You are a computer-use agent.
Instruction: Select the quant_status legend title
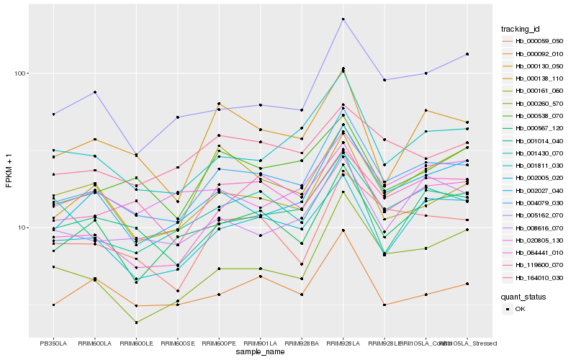tap(523, 296)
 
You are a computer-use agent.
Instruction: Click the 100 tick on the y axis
tap(19, 73)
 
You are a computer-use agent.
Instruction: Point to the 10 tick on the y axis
tap(22, 228)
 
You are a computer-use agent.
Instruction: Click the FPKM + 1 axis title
tap(9, 171)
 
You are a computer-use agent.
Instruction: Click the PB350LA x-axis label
tap(53, 343)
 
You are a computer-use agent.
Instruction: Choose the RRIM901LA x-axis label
tap(261, 343)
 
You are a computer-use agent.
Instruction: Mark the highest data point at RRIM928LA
tap(343, 19)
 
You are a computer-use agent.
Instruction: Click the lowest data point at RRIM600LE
tap(136, 323)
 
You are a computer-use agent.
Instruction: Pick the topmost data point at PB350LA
tap(53, 114)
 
